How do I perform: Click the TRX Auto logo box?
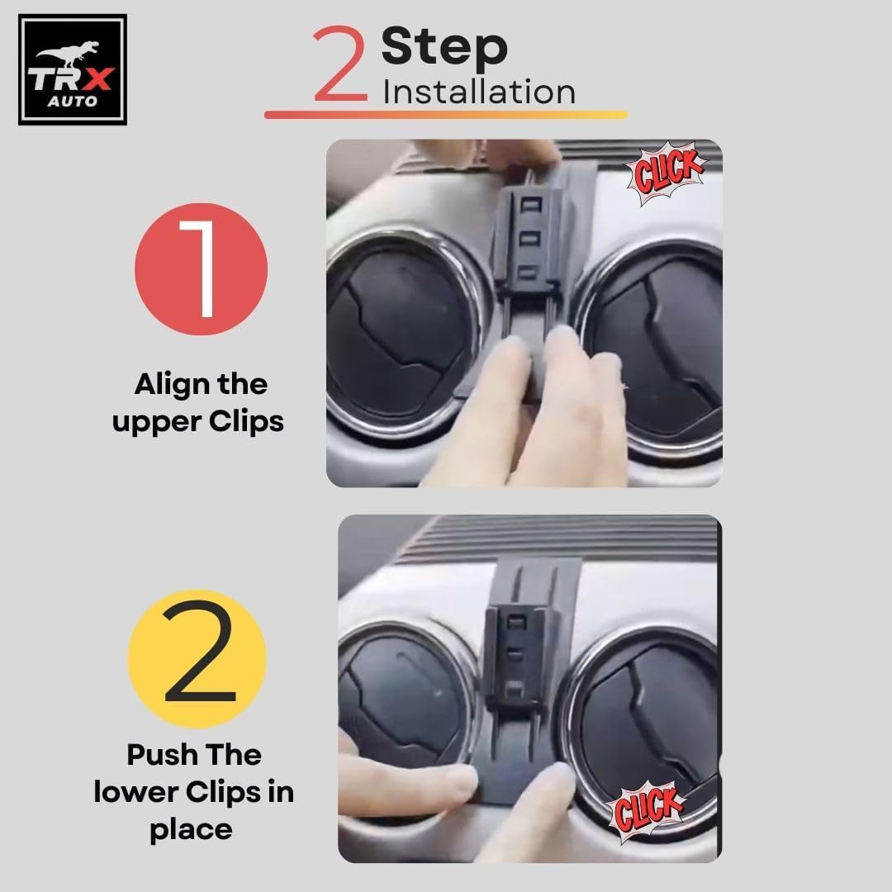(72, 69)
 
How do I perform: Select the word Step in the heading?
(444, 48)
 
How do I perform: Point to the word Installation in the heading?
(479, 93)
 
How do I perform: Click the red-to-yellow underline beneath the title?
(446, 114)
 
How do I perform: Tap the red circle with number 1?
(201, 268)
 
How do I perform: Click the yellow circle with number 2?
(197, 659)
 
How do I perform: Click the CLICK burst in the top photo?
(666, 173)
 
